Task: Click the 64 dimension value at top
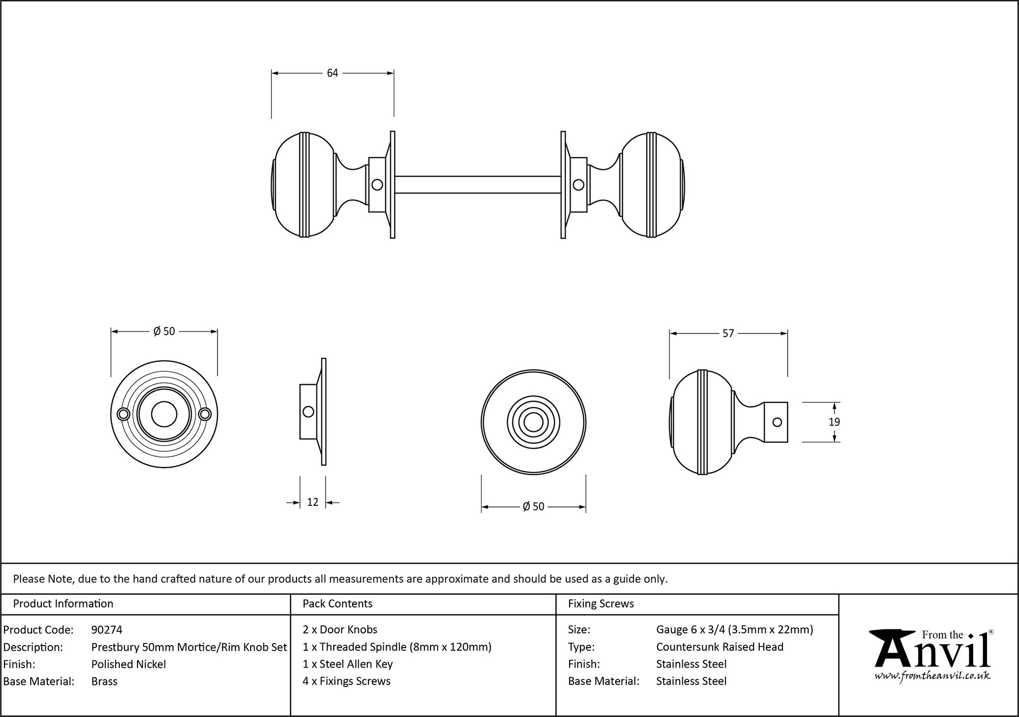click(332, 73)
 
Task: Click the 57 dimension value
click(728, 334)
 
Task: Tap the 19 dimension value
click(834, 422)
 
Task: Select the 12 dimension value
click(312, 502)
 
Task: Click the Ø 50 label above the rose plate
click(164, 331)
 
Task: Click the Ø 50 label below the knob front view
click(533, 507)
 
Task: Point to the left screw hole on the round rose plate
click(123, 415)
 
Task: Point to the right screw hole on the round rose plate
click(205, 415)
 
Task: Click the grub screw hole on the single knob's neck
click(777, 422)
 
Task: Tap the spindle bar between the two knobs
click(478, 185)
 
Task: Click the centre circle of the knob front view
click(533, 423)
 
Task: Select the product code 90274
click(106, 630)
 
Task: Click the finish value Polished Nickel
click(128, 664)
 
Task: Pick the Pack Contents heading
click(337, 604)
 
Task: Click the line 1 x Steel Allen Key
click(347, 664)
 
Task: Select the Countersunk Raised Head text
click(719, 647)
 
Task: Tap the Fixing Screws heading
click(601, 604)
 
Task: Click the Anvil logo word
click(932, 653)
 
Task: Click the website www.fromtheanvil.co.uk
click(932, 676)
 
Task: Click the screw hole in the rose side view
click(308, 412)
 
